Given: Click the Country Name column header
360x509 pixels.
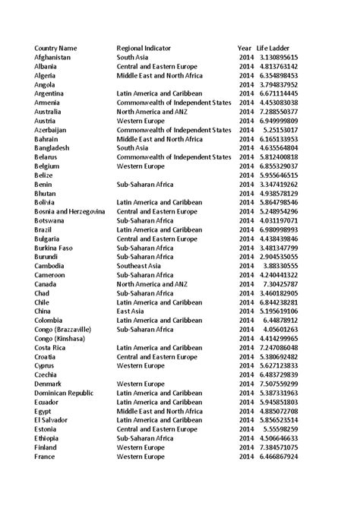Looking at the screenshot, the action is [x=55, y=48].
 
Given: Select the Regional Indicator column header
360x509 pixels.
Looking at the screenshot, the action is [x=148, y=48].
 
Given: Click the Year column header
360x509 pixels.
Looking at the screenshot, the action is [x=244, y=48].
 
